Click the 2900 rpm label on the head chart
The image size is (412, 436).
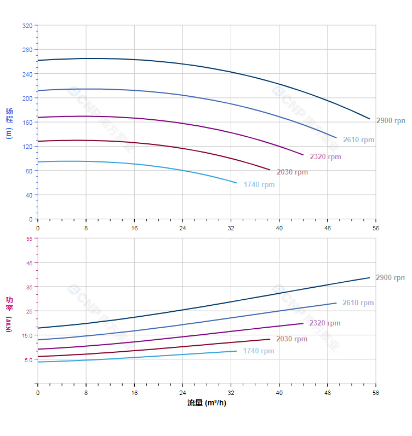390,121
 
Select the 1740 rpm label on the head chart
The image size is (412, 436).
259,185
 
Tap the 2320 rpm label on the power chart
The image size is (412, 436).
325,323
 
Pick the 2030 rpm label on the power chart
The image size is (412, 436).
292,339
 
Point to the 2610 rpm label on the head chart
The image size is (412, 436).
359,140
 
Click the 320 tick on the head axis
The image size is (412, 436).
27,26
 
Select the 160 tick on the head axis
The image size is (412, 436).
27,123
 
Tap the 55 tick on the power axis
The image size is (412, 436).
29,239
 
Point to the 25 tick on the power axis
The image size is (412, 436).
29,311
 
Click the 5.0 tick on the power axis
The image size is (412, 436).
28,360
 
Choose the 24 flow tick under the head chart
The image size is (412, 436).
182,228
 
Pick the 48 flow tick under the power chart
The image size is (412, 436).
328,393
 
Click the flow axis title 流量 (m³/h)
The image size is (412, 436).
207,403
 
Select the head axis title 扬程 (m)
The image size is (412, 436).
9,123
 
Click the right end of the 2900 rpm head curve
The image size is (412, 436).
370,119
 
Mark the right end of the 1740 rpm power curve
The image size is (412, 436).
237,351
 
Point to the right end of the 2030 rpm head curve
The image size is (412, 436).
270,170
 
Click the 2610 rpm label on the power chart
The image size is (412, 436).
358,303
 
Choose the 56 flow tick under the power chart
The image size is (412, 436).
376,393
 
